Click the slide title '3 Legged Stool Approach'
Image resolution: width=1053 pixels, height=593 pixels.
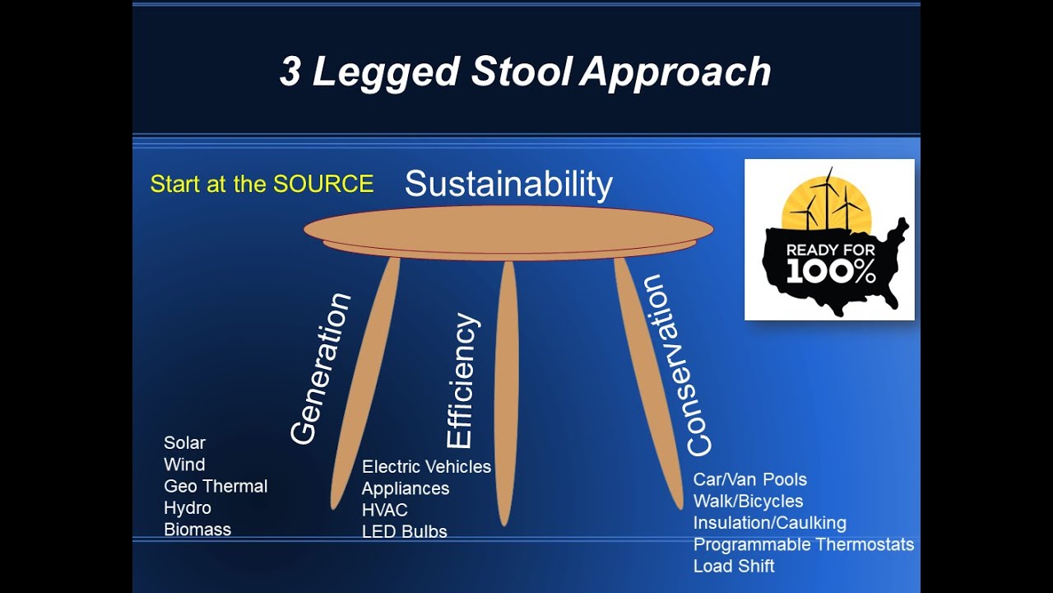click(x=525, y=72)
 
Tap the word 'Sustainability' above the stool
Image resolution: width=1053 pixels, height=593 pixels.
click(x=508, y=184)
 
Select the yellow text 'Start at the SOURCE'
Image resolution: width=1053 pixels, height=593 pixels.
click(x=262, y=184)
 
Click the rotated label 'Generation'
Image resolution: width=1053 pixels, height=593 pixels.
click(x=320, y=369)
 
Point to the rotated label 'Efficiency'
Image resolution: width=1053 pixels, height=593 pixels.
click(x=462, y=381)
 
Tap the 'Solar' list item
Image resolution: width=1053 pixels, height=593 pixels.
click(x=184, y=443)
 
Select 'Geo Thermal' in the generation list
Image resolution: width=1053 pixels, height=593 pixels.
click(x=216, y=486)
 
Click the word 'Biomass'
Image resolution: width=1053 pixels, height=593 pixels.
click(x=197, y=530)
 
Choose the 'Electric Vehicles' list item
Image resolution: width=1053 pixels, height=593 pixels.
click(x=426, y=467)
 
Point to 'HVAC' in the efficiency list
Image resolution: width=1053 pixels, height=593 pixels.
click(x=384, y=510)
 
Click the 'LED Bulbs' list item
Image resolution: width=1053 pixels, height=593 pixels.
click(x=404, y=532)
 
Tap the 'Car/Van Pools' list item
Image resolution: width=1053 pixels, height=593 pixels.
click(x=749, y=479)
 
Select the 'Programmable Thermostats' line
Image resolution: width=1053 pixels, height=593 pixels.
click(x=803, y=544)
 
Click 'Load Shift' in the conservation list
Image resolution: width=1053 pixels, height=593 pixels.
click(x=733, y=566)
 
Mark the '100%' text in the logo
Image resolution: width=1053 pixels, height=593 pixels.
click(x=830, y=273)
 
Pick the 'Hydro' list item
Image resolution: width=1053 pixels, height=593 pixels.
click(x=188, y=507)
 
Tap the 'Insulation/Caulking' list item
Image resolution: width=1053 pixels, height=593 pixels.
click(x=769, y=523)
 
